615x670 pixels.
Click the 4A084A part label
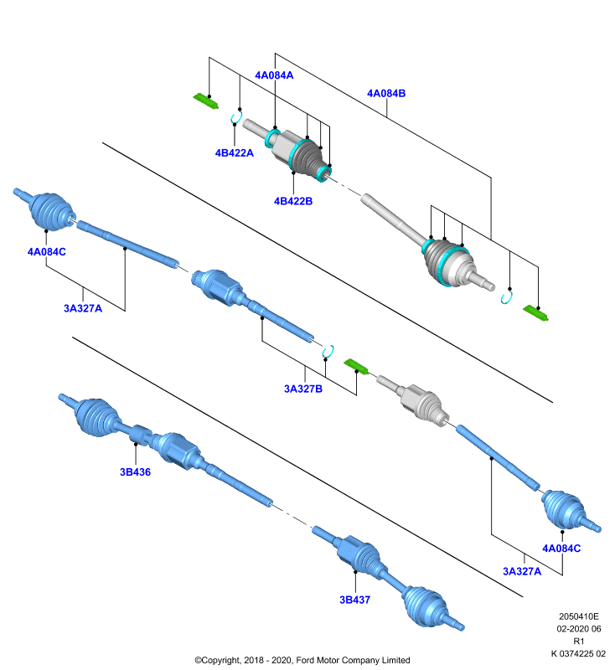click(274, 75)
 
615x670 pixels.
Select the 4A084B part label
click(386, 93)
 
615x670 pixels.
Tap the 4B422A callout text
click(235, 152)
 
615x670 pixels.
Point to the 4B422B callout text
click(293, 201)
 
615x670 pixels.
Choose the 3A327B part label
click(303, 389)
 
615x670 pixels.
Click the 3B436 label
click(135, 472)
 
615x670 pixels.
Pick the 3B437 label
click(354, 600)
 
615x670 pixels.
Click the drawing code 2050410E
click(579, 616)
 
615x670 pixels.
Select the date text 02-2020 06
click(579, 629)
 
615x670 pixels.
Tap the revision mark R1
click(579, 641)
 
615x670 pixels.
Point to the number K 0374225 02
click(579, 653)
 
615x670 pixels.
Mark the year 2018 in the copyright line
click(253, 660)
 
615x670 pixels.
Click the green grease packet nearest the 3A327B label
click(356, 367)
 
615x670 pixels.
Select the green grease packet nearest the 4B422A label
click(206, 100)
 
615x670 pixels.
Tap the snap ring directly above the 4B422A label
click(236, 117)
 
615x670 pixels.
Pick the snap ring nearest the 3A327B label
click(328, 351)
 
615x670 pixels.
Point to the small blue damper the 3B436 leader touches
click(140, 435)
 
